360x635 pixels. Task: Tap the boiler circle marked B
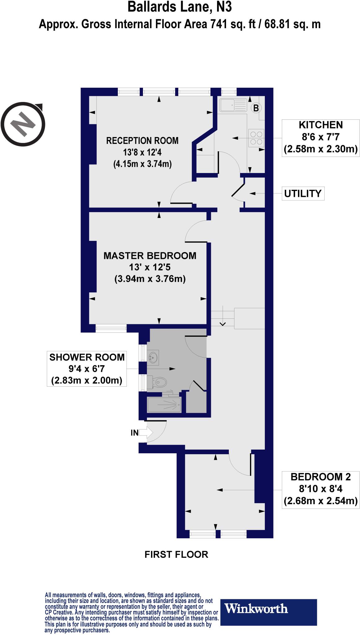[256, 108]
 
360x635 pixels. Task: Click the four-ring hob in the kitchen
[256, 138]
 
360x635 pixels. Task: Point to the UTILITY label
[303, 193]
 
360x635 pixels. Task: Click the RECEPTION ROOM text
[142, 140]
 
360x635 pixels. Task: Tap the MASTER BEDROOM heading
[150, 255]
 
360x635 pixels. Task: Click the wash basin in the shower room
[153, 358]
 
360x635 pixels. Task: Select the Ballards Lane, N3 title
[180, 7]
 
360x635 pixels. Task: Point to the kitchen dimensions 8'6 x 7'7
[321, 137]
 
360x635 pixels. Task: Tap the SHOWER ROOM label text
[87, 357]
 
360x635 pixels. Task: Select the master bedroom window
[111, 328]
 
